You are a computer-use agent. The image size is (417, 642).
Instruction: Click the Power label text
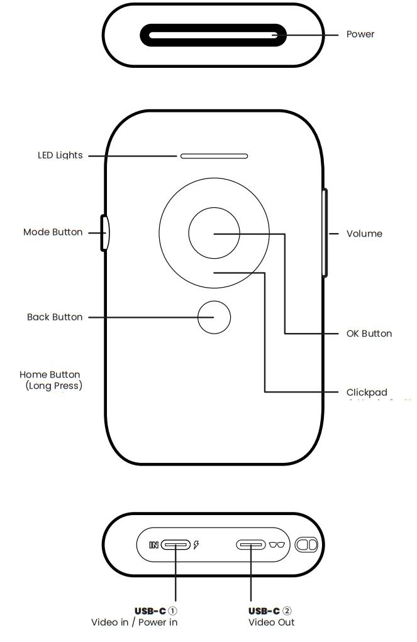coord(360,34)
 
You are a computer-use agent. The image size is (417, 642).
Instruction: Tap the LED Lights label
coord(60,155)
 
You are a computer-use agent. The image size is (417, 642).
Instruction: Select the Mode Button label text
coord(53,232)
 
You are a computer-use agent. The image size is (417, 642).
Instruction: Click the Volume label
coord(364,234)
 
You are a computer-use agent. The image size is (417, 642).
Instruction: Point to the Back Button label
coord(55,317)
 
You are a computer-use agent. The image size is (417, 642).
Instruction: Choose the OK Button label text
coord(369,334)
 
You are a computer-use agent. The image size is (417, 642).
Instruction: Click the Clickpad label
coord(367,392)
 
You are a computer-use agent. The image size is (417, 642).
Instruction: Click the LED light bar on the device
coord(214,155)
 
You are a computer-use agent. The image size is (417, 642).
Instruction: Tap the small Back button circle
coord(214,317)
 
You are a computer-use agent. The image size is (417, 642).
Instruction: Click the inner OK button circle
coord(214,233)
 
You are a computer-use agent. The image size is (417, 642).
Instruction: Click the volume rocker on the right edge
coord(325,233)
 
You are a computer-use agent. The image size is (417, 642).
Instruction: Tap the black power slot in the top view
coord(213,35)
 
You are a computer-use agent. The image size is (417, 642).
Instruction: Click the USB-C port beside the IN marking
coord(175,545)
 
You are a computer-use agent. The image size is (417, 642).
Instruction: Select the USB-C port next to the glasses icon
coord(251,545)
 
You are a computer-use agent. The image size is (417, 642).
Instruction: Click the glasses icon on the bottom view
coord(277,545)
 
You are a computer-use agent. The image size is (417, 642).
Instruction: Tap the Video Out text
coord(272,623)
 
